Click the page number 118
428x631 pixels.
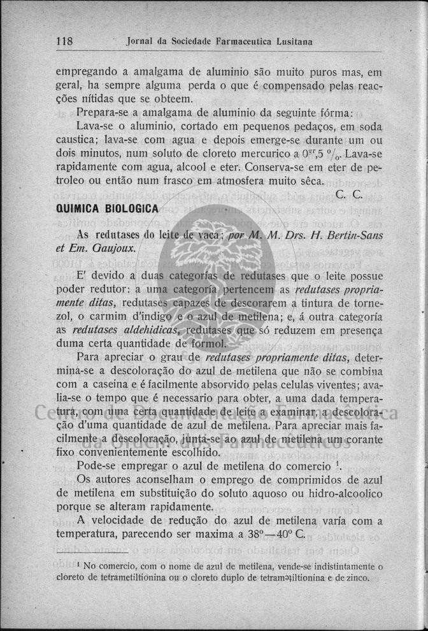[64, 42]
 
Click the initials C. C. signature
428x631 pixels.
[348, 194]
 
